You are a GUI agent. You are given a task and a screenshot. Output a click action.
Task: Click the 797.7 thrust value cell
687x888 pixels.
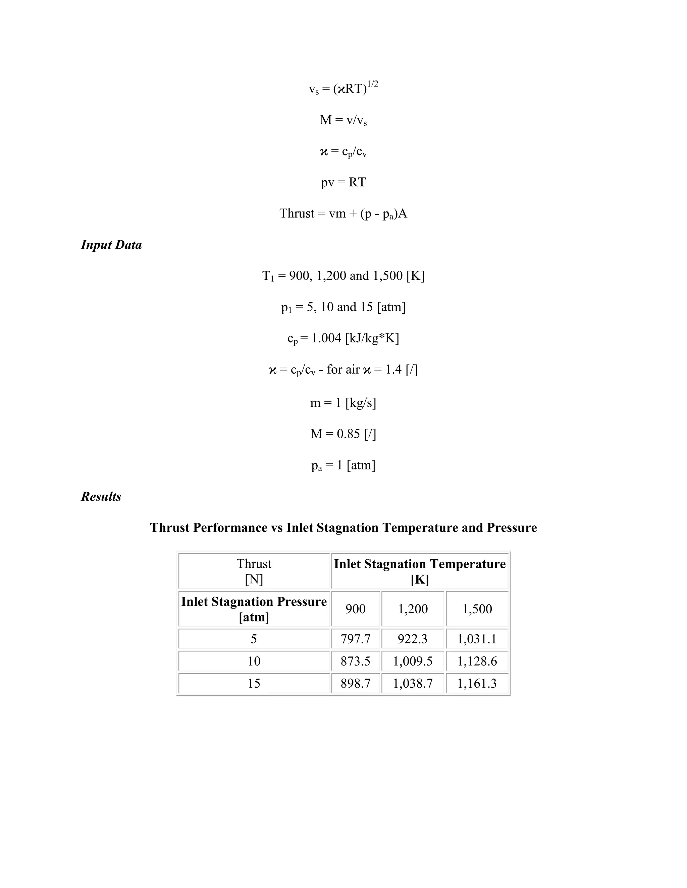355,639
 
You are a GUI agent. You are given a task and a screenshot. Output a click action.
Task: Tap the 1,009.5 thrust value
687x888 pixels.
412,661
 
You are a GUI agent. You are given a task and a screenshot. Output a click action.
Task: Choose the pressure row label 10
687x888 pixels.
254,661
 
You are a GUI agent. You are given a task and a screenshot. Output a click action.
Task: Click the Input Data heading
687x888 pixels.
111,245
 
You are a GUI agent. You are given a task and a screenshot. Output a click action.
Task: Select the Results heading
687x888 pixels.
101,497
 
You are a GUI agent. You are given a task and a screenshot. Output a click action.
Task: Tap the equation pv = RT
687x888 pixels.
343,182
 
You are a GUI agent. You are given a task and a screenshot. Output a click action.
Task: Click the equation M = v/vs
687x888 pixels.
343,120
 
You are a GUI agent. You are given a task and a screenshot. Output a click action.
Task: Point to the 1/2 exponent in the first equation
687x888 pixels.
373,84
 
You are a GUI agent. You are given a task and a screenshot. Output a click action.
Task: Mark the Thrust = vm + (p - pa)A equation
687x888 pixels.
343,213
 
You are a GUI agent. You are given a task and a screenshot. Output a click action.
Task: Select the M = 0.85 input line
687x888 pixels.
343,434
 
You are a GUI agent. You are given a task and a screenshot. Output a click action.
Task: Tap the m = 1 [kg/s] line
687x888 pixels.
343,403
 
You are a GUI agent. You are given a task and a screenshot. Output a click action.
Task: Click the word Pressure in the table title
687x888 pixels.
512,528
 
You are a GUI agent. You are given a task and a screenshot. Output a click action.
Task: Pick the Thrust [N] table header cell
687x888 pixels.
254,571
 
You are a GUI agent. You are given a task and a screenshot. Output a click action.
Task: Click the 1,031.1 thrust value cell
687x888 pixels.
477,639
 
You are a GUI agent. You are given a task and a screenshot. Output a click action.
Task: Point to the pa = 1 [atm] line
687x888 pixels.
343,465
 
